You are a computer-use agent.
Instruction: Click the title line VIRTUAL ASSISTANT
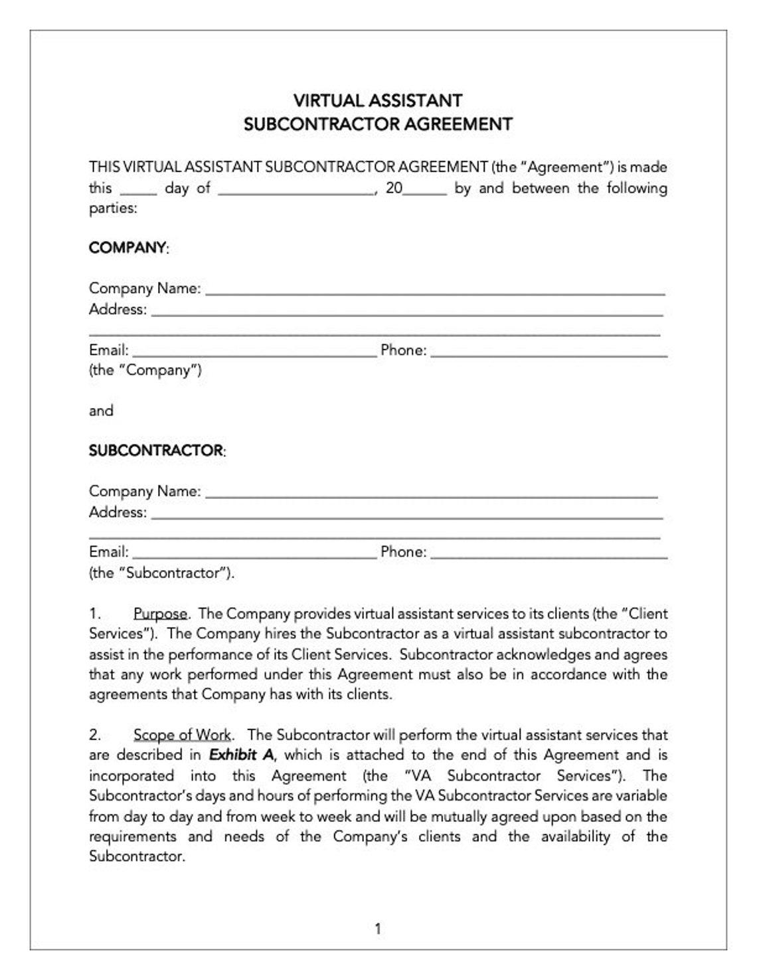(x=378, y=101)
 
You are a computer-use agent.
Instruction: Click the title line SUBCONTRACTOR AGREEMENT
(x=378, y=124)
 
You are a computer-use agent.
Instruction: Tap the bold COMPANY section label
(x=127, y=248)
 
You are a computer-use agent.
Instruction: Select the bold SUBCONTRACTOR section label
(x=156, y=450)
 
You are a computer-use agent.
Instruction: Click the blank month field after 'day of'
(x=295, y=189)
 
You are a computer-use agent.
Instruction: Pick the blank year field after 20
(x=425, y=189)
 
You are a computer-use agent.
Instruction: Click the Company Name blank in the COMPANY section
(x=435, y=290)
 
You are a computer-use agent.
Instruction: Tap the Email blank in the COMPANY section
(x=254, y=351)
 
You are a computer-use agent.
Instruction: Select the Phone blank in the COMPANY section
(x=549, y=351)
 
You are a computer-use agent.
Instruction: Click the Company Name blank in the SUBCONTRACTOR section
(x=432, y=492)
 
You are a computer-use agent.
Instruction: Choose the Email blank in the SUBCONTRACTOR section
(x=254, y=553)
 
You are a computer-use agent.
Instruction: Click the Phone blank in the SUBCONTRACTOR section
(x=549, y=553)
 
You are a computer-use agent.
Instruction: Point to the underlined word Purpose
(x=160, y=613)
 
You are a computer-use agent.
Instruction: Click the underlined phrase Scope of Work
(x=182, y=735)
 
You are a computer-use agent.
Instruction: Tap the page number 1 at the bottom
(x=378, y=929)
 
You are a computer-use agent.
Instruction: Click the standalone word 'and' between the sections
(x=101, y=411)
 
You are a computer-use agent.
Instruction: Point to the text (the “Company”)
(x=145, y=370)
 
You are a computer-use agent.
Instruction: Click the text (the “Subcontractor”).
(x=161, y=573)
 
